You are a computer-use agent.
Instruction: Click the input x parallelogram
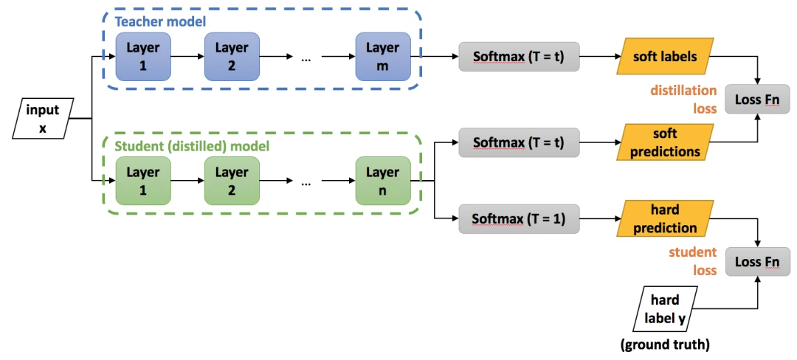pyautogui.click(x=44, y=119)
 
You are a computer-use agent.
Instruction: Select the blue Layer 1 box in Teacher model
pyautogui.click(x=143, y=56)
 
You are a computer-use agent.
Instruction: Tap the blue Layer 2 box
pyautogui.click(x=232, y=56)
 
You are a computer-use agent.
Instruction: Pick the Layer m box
pyautogui.click(x=382, y=56)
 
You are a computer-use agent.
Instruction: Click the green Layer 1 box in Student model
pyautogui.click(x=143, y=181)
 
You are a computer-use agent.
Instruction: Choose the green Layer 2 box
pyautogui.click(x=232, y=181)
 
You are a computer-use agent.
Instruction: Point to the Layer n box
pyautogui.click(x=382, y=181)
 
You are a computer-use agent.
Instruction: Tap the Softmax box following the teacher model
pyautogui.click(x=519, y=57)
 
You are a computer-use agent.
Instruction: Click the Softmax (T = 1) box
pyautogui.click(x=519, y=218)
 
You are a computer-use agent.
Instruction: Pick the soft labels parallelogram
pyautogui.click(x=665, y=57)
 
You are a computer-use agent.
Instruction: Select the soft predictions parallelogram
pyautogui.click(x=665, y=142)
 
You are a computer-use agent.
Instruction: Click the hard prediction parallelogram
pyautogui.click(x=664, y=218)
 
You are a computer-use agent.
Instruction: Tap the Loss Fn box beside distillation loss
pyautogui.click(x=758, y=99)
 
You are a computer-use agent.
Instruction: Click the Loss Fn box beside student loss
pyautogui.click(x=758, y=261)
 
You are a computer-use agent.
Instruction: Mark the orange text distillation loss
pyautogui.click(x=683, y=99)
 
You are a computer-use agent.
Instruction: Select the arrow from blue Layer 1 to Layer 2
pyautogui.click(x=188, y=57)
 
